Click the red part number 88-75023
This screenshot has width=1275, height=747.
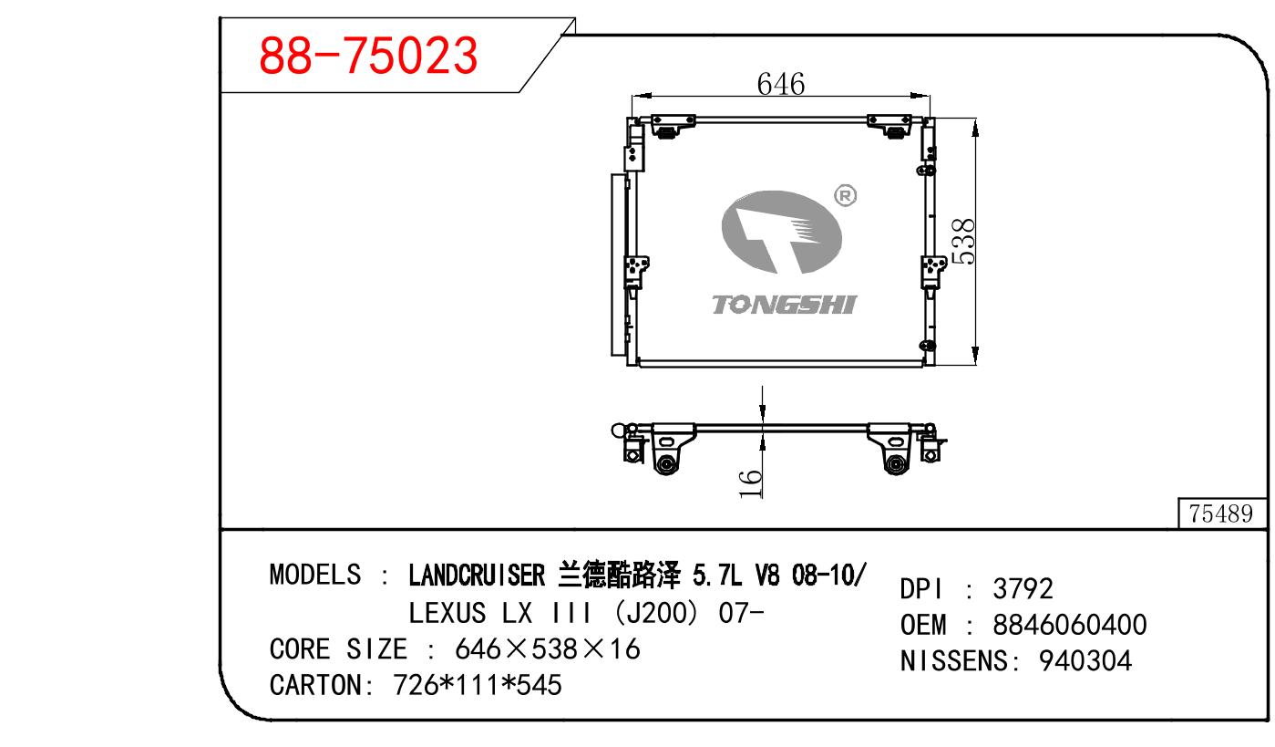tap(368, 56)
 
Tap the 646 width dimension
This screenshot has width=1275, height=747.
tap(781, 84)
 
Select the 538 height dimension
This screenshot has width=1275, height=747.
tap(963, 242)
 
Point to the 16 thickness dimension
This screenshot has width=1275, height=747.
tap(750, 483)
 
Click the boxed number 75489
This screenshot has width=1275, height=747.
tap(1220, 514)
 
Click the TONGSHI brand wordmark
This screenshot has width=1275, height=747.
tap(785, 305)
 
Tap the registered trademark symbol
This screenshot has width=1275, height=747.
tap(845, 196)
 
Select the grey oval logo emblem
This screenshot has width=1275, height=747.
tap(781, 232)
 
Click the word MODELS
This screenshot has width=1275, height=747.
tap(314, 575)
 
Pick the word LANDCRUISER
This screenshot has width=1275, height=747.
tap(477, 575)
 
